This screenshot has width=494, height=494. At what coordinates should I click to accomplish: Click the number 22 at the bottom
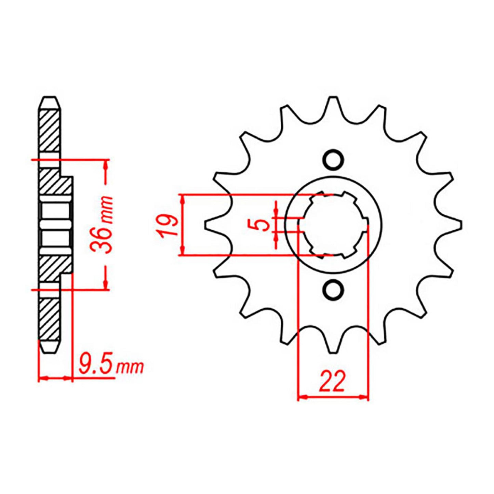tap(332, 382)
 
